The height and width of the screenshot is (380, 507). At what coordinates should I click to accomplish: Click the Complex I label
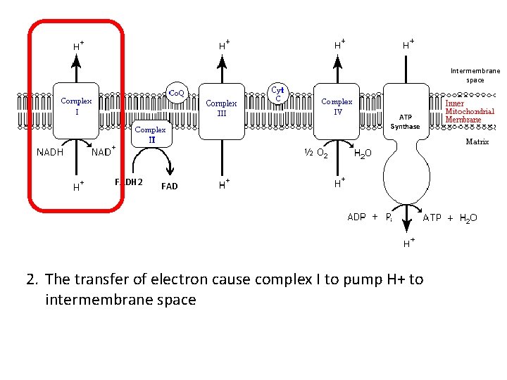point(76,106)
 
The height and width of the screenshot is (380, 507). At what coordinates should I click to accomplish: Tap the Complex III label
point(221,108)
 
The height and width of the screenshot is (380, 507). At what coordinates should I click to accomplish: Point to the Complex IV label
point(337,106)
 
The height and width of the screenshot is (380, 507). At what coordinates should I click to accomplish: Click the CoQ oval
point(176,93)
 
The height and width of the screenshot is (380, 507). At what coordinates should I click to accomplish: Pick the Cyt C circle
point(278,94)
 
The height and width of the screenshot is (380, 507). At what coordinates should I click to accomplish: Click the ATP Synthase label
point(405,122)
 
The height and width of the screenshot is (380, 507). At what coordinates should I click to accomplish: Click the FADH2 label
point(129,183)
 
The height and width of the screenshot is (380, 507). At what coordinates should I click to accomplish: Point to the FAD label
point(169,186)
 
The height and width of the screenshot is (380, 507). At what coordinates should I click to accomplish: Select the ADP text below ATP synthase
point(356,217)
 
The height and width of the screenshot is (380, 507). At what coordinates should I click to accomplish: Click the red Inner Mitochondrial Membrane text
point(470,111)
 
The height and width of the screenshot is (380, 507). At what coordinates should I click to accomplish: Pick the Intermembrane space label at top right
point(475,75)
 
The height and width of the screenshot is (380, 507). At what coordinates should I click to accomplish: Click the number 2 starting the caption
point(31,279)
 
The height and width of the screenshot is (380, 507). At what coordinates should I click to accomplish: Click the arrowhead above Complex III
point(222,61)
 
